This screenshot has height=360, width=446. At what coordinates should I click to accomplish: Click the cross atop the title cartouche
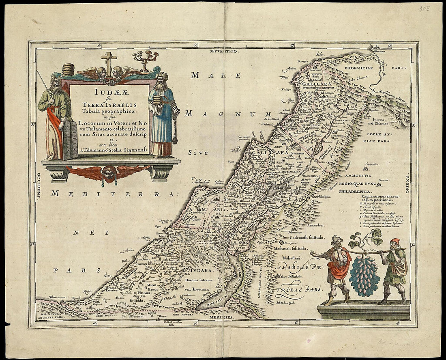pos(109,60)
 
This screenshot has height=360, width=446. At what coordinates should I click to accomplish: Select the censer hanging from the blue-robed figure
pos(175,138)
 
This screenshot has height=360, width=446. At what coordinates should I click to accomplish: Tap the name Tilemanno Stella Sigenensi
pos(116,149)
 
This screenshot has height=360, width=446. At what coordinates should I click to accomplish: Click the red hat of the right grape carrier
pos(395,242)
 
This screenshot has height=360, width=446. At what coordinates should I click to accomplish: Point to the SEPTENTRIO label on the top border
pos(223,51)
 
